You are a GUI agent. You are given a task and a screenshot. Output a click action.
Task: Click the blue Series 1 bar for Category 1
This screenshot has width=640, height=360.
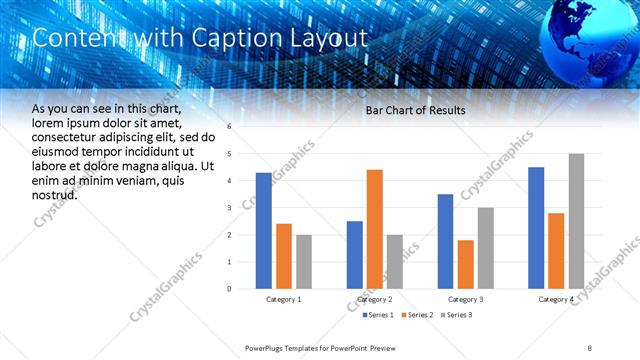coord(263,231)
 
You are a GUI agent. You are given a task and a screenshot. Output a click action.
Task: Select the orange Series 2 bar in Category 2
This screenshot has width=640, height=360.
coord(375,229)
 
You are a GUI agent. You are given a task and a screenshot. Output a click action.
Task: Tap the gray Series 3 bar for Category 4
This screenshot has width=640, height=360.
coord(576,221)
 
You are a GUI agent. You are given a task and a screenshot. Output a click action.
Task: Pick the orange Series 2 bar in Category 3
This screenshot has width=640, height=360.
coord(465,264)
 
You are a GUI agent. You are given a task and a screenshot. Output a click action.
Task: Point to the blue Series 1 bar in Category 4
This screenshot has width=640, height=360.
coord(536,228)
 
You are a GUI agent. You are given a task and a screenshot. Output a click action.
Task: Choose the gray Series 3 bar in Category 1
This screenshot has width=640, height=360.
coord(304,262)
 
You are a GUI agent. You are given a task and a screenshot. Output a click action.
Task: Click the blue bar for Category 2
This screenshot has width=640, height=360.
coord(355,255)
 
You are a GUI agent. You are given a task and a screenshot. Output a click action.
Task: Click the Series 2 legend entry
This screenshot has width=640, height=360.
coord(417,315)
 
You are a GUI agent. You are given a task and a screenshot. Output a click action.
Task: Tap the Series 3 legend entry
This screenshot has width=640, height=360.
coord(458,315)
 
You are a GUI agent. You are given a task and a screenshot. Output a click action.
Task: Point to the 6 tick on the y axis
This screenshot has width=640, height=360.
coord(230,127)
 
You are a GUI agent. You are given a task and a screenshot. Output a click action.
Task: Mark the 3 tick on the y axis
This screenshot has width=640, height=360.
coord(230,208)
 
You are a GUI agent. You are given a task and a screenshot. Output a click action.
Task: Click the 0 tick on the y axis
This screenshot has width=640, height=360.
coord(230,289)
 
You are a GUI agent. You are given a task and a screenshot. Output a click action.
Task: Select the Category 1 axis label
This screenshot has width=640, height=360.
coord(284,300)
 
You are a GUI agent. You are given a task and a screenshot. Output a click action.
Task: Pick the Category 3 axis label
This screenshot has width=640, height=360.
coord(465,300)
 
